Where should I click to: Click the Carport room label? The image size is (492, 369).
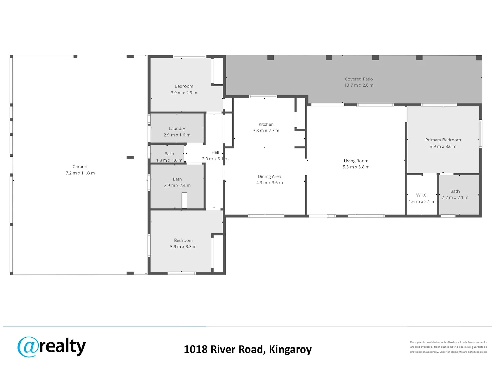80,167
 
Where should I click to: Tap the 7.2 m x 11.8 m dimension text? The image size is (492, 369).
80,173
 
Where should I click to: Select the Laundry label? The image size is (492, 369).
177,129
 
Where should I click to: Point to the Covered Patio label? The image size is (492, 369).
359,79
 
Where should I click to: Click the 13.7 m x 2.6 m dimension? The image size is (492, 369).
359,85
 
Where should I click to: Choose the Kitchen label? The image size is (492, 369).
266,124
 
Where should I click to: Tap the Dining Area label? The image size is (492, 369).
269,177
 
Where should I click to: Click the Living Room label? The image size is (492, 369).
356,161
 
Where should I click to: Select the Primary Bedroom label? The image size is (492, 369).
443,140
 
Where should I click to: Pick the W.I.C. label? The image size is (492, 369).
422,195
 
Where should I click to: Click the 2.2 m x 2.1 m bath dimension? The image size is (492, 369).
455,197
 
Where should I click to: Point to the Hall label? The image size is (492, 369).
215,152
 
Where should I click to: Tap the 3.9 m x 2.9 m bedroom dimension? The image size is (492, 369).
184,93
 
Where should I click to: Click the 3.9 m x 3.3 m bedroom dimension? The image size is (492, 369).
183,247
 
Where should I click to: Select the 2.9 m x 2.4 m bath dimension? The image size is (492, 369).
177,186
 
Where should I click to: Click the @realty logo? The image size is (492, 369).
52,347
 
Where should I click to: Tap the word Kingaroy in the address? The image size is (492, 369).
290,350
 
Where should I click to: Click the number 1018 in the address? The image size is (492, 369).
195,350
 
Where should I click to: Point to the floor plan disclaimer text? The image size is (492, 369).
448,347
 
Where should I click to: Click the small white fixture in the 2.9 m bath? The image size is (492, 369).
184,201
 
